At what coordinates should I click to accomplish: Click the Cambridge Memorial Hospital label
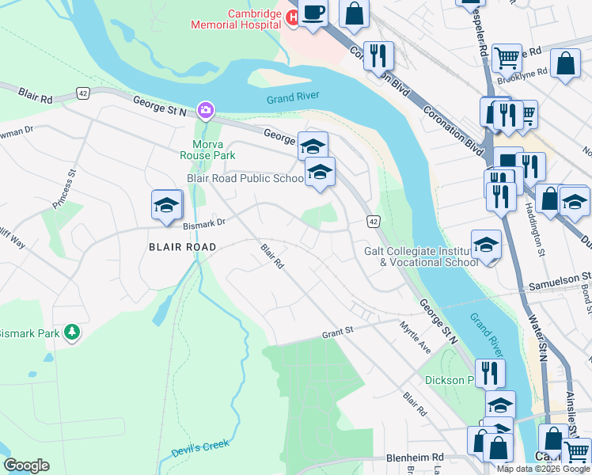coord(235,19)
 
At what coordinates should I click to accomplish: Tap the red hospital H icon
coord(290,18)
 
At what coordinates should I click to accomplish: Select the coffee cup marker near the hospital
coord(313,13)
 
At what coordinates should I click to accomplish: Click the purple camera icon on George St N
coord(206,109)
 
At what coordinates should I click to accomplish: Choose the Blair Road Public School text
coord(245,179)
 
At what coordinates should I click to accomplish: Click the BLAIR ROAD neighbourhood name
coord(182,247)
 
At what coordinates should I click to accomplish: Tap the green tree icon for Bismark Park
coord(72,332)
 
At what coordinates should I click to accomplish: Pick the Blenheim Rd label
coord(416,458)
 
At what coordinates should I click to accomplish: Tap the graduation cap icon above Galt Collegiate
coord(486,244)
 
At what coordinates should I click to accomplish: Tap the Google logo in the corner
coord(26,465)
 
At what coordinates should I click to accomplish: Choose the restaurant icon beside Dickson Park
coord(490,372)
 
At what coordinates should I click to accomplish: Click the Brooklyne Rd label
coord(522,72)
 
